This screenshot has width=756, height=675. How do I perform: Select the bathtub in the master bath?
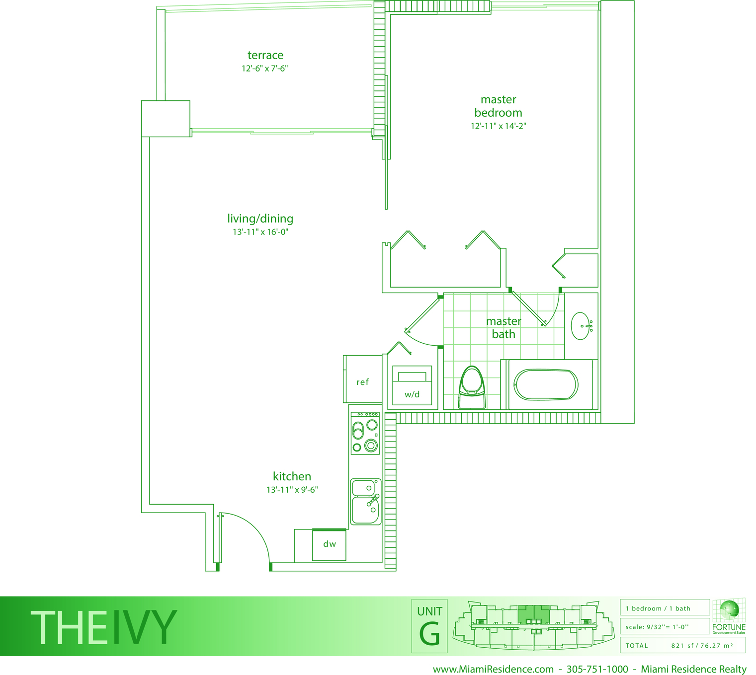point(546,384)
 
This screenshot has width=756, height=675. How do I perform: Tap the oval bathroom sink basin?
point(580,326)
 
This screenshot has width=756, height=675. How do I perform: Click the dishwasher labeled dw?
point(329,544)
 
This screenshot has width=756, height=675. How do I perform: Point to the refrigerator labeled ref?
point(363,379)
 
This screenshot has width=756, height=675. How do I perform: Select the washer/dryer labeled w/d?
point(412,385)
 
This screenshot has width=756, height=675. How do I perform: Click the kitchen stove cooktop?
point(365,433)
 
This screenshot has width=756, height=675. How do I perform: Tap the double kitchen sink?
point(366,502)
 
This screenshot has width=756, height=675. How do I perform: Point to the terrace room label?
point(265,55)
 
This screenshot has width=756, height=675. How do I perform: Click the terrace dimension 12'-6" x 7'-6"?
point(264,69)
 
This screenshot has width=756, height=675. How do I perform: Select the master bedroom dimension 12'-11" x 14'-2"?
point(498,126)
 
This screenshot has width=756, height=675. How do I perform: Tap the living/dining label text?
point(260,219)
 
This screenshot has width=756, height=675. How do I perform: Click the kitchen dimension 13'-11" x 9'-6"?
point(292,490)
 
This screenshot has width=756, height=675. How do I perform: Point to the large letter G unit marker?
point(429,634)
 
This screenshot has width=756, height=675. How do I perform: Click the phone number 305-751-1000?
point(597,669)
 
